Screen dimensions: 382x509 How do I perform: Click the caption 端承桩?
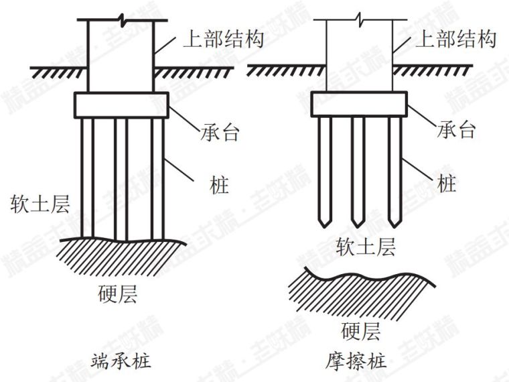coord(121,362)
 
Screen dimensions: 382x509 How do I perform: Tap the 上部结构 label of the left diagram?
coord(223,39)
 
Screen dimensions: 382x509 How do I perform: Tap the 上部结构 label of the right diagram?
coord(456,39)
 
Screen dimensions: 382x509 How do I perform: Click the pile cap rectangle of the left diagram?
coord(121,105)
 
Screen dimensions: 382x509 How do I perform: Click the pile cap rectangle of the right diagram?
coord(359,105)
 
